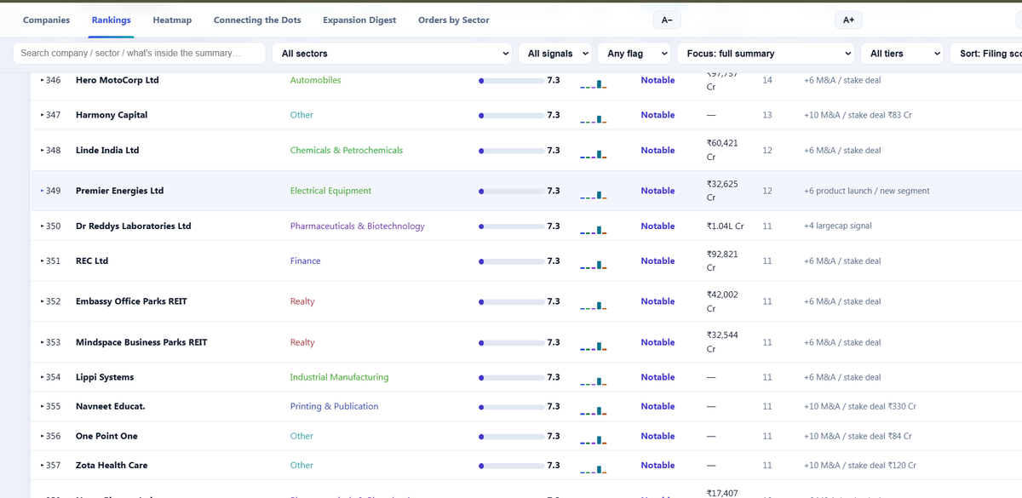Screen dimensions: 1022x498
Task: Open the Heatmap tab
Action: [x=172, y=20]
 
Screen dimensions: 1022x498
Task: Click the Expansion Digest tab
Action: [x=359, y=20]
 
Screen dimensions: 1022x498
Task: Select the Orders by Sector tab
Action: [x=453, y=20]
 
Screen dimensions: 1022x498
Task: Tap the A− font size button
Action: [x=667, y=20]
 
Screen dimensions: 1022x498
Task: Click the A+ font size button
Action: [x=848, y=20]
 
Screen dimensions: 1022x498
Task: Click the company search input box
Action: [x=139, y=54]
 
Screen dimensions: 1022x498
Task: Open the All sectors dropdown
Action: [x=392, y=54]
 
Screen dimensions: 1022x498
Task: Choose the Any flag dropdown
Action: [x=634, y=54]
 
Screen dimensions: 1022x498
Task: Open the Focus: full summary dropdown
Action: [x=766, y=54]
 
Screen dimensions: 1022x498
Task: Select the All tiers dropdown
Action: [x=902, y=54]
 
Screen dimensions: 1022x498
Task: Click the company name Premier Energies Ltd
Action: [x=119, y=191]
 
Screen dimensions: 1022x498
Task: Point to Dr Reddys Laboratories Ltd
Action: [x=133, y=226]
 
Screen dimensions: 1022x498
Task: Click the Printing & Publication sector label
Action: [x=334, y=406]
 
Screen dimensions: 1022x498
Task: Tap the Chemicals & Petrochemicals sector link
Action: [x=347, y=151]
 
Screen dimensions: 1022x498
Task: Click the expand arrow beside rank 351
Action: [x=42, y=260]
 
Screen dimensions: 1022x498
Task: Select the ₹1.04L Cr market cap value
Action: [x=725, y=226]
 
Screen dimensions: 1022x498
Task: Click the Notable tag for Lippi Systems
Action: [x=657, y=377]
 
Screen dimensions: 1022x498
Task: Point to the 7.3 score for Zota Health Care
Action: [x=554, y=465]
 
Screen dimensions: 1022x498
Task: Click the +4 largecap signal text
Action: [x=838, y=226]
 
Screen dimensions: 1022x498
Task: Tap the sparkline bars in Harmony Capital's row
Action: [x=593, y=119]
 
